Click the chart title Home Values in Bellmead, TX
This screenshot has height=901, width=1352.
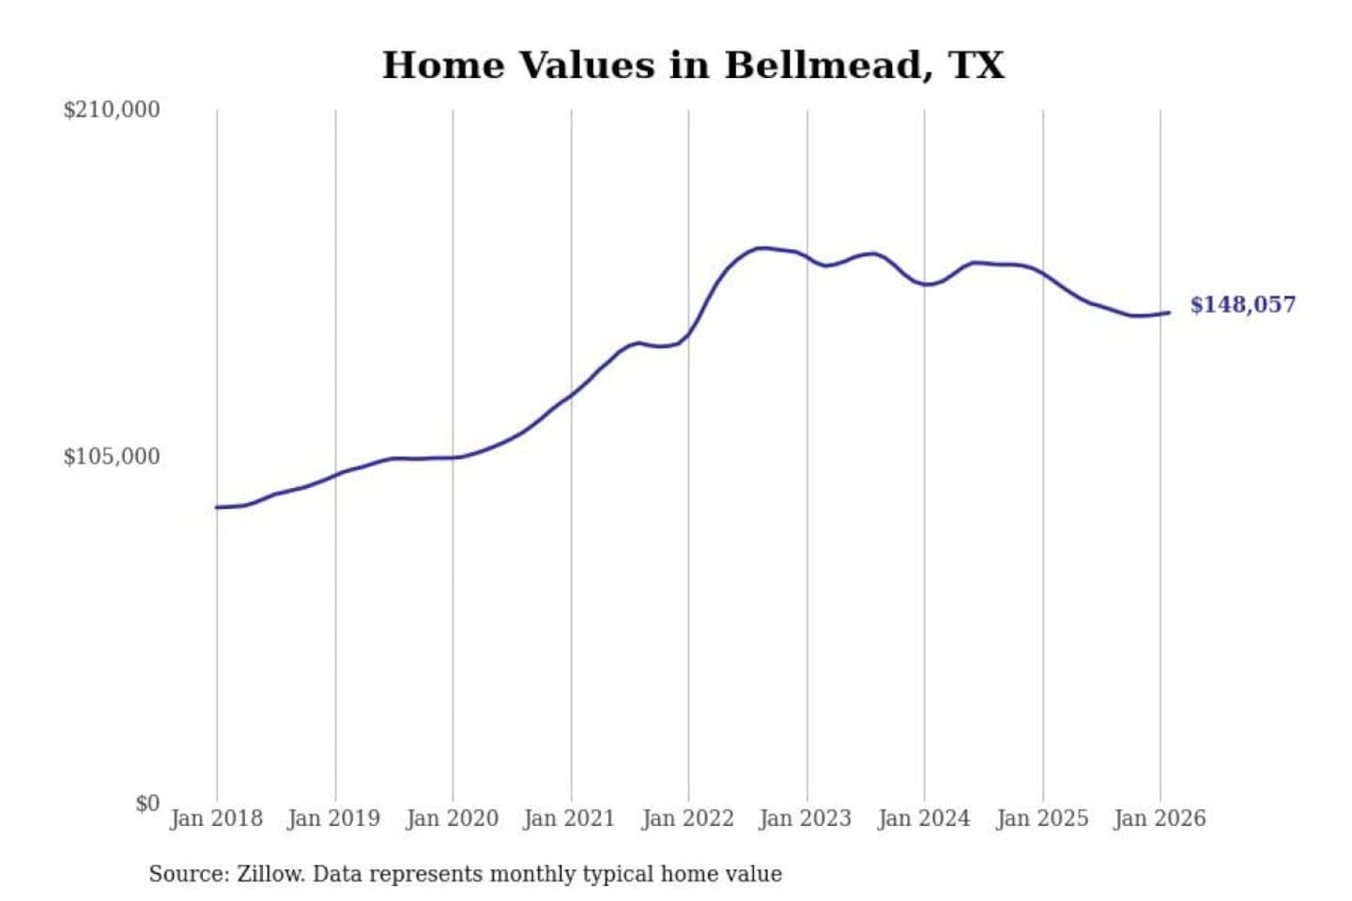pyautogui.click(x=693, y=66)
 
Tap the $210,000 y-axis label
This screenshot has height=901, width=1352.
pyautogui.click(x=112, y=110)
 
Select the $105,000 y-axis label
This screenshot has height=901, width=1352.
pyautogui.click(x=112, y=457)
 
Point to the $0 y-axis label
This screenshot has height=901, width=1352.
pyautogui.click(x=147, y=803)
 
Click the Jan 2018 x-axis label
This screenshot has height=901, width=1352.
pyautogui.click(x=216, y=818)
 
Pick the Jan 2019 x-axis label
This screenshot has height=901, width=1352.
pyautogui.click(x=333, y=818)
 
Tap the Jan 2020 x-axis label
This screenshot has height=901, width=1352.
pyautogui.click(x=452, y=818)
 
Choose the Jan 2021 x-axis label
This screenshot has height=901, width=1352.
pyautogui.click(x=569, y=818)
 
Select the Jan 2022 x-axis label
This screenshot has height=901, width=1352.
pyautogui.click(x=687, y=818)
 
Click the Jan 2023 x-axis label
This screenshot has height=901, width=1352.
pyautogui.click(x=805, y=818)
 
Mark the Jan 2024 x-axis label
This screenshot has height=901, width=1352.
pyautogui.click(x=923, y=818)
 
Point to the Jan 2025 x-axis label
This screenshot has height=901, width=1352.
pyautogui.click(x=1041, y=818)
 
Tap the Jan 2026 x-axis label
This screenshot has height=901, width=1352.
pyautogui.click(x=1159, y=818)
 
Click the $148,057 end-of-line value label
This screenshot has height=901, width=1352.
pyautogui.click(x=1242, y=305)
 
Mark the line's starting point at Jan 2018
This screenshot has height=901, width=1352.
pyautogui.click(x=217, y=508)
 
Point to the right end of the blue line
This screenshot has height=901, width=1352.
pyautogui.click(x=1169, y=313)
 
